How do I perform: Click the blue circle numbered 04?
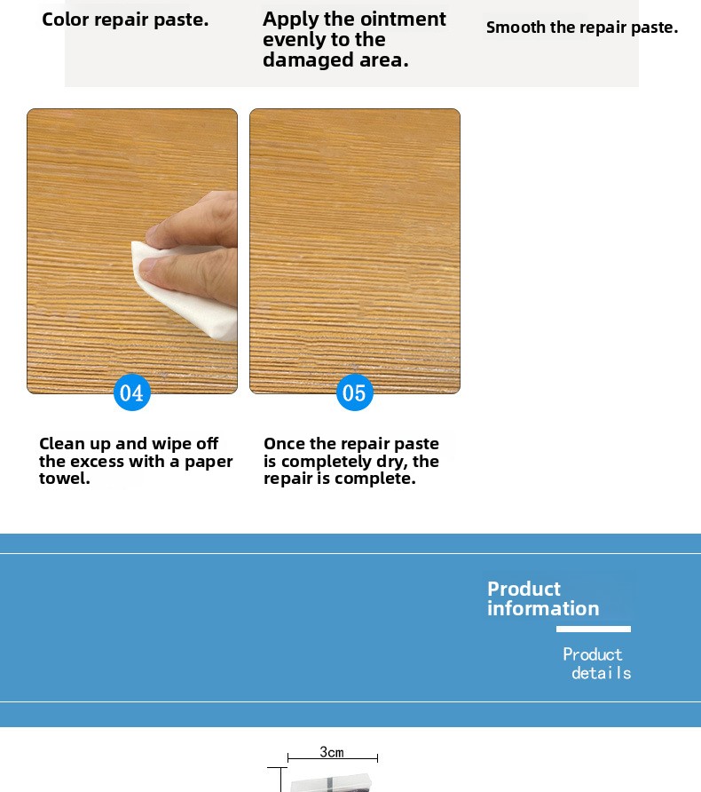coord(131,392)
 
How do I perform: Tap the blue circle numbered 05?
coord(354,392)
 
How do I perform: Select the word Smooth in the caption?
coord(516,27)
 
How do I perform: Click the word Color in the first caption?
coord(66,20)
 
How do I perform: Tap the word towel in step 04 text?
coord(65,478)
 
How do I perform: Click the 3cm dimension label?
coord(332,752)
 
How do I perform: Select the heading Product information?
coord(543,598)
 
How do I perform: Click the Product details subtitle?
coord(597,664)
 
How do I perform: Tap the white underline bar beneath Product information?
coord(594,629)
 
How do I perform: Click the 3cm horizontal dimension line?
coord(333,757)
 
